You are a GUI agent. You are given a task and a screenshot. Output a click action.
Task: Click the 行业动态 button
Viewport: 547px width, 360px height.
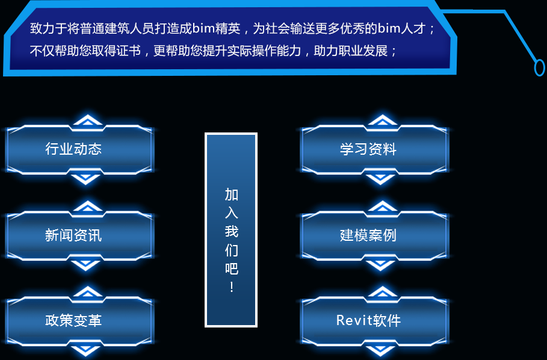click(x=79, y=149)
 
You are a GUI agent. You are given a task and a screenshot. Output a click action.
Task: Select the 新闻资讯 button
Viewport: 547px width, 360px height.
click(x=79, y=235)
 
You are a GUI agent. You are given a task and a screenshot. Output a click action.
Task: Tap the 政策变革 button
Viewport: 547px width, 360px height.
click(x=79, y=321)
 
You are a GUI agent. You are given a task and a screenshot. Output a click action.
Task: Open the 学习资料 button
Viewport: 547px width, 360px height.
click(x=374, y=149)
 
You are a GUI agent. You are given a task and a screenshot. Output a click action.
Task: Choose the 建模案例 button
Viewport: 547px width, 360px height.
click(x=374, y=235)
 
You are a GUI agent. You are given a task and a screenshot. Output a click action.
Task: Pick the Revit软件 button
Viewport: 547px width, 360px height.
click(x=374, y=321)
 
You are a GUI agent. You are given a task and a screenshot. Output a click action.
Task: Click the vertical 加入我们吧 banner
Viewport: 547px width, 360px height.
click(x=231, y=230)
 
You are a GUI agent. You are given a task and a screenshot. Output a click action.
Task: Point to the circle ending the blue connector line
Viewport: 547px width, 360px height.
click(x=539, y=67)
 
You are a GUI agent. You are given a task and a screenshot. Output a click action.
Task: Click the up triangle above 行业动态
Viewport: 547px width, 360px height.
click(x=88, y=120)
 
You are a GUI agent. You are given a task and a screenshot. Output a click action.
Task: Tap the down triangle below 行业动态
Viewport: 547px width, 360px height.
click(x=85, y=179)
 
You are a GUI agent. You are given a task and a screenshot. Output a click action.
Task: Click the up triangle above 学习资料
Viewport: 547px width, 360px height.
click(x=382, y=120)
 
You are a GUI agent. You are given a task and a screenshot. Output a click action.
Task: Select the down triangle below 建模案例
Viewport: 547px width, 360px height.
click(x=380, y=265)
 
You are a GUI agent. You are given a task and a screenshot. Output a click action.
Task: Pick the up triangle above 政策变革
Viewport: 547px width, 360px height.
click(x=88, y=291)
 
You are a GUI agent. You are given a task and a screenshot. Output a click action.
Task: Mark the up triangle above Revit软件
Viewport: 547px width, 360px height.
click(x=382, y=291)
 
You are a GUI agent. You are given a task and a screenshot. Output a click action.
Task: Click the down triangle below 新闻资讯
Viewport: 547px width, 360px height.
click(x=85, y=265)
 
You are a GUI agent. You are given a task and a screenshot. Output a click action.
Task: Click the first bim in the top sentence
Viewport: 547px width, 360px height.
click(x=204, y=28)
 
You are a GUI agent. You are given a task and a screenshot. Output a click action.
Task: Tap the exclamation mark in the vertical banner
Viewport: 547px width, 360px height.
click(x=232, y=287)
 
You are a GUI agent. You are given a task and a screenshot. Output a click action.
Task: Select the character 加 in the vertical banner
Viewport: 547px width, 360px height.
click(x=232, y=194)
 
